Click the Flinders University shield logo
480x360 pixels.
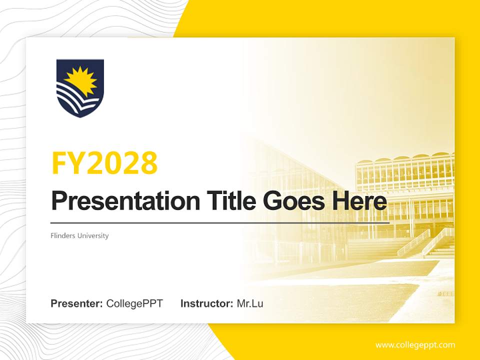(x=80, y=88)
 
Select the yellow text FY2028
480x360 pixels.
(x=104, y=162)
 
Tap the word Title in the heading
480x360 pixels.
(x=222, y=201)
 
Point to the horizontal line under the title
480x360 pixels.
(x=220, y=222)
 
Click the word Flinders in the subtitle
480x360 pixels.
(x=62, y=235)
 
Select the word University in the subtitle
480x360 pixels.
(x=92, y=235)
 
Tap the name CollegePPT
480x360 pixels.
(x=134, y=303)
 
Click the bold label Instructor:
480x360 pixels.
(x=206, y=303)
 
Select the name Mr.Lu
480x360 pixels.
(x=250, y=303)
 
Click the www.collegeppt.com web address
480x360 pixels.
(x=415, y=345)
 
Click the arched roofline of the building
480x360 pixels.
(x=405, y=159)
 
